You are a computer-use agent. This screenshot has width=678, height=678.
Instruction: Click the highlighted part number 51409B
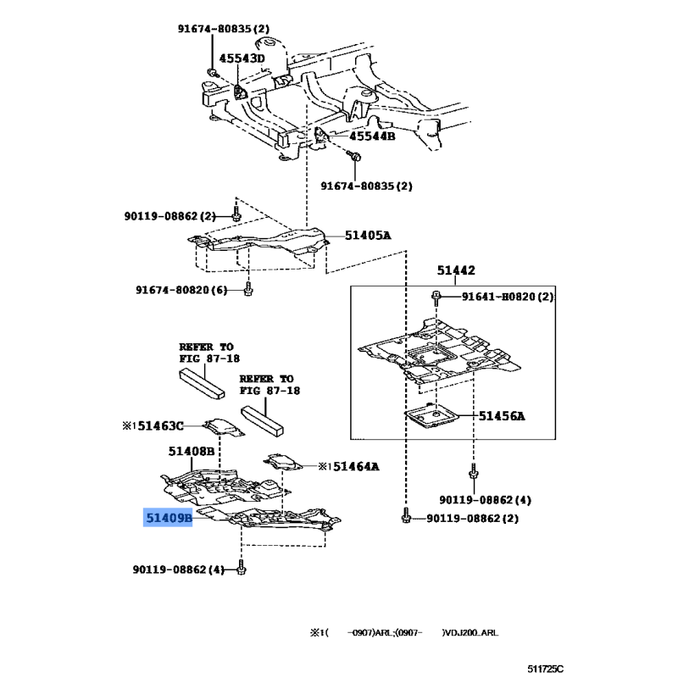[x=168, y=518]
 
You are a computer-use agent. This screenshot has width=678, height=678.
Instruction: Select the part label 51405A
[x=368, y=236]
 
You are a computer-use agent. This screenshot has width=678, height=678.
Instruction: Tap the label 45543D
[x=242, y=58]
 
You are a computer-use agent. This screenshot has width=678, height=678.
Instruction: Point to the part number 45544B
[x=372, y=136]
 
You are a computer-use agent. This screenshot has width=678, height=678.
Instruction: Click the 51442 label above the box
[x=456, y=270]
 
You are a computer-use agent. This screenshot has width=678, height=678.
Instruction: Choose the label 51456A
[x=502, y=416]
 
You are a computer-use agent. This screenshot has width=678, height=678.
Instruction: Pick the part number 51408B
[x=192, y=452]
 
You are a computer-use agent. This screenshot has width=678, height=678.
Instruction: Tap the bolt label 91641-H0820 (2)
[x=508, y=297]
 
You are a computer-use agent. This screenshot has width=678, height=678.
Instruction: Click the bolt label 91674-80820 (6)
[x=181, y=290]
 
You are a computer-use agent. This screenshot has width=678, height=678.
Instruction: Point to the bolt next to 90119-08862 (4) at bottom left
[x=242, y=567]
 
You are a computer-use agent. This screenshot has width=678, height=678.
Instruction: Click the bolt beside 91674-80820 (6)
[x=248, y=289]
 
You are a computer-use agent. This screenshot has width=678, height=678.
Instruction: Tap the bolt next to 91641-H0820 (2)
[x=436, y=297]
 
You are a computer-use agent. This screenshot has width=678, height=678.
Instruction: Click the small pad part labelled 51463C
[x=224, y=427]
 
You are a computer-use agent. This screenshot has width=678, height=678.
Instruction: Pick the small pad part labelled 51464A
[x=283, y=462]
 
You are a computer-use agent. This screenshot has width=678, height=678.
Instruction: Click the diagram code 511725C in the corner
[x=545, y=670]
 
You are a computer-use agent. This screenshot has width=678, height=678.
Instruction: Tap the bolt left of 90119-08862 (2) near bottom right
[x=406, y=516]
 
